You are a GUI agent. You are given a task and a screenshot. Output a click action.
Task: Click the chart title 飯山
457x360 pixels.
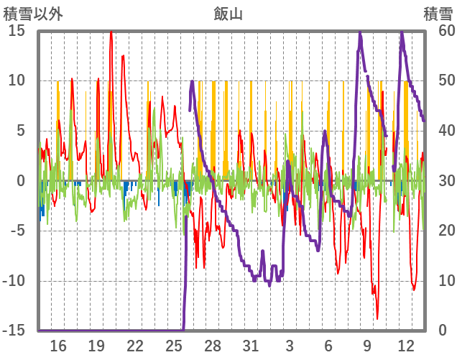228,13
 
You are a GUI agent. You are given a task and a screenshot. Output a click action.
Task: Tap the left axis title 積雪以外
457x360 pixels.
29,13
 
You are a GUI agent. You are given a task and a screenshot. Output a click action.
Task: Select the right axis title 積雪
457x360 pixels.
438,13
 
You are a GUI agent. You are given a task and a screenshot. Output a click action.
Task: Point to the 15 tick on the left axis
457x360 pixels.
17,31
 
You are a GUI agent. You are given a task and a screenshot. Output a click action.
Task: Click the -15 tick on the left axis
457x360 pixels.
14,331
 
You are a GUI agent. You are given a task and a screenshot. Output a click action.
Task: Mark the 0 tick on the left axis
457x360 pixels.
21,181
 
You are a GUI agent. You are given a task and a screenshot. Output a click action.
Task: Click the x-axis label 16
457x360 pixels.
58,345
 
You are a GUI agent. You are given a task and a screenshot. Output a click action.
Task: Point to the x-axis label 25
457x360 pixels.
174,345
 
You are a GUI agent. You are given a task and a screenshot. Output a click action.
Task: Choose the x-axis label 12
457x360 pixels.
406,345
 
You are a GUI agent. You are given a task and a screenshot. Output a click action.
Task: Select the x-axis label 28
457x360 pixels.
213,345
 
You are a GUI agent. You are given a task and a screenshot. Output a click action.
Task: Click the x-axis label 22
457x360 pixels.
135,345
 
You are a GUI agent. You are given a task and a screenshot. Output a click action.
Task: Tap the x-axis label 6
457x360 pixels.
328,345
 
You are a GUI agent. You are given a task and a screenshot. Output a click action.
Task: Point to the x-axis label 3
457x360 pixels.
290,345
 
